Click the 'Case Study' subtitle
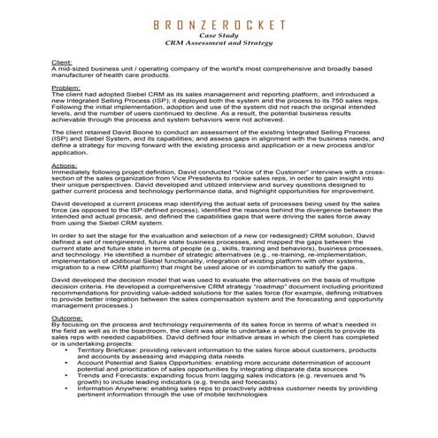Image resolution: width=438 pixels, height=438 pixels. pos(219,35)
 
